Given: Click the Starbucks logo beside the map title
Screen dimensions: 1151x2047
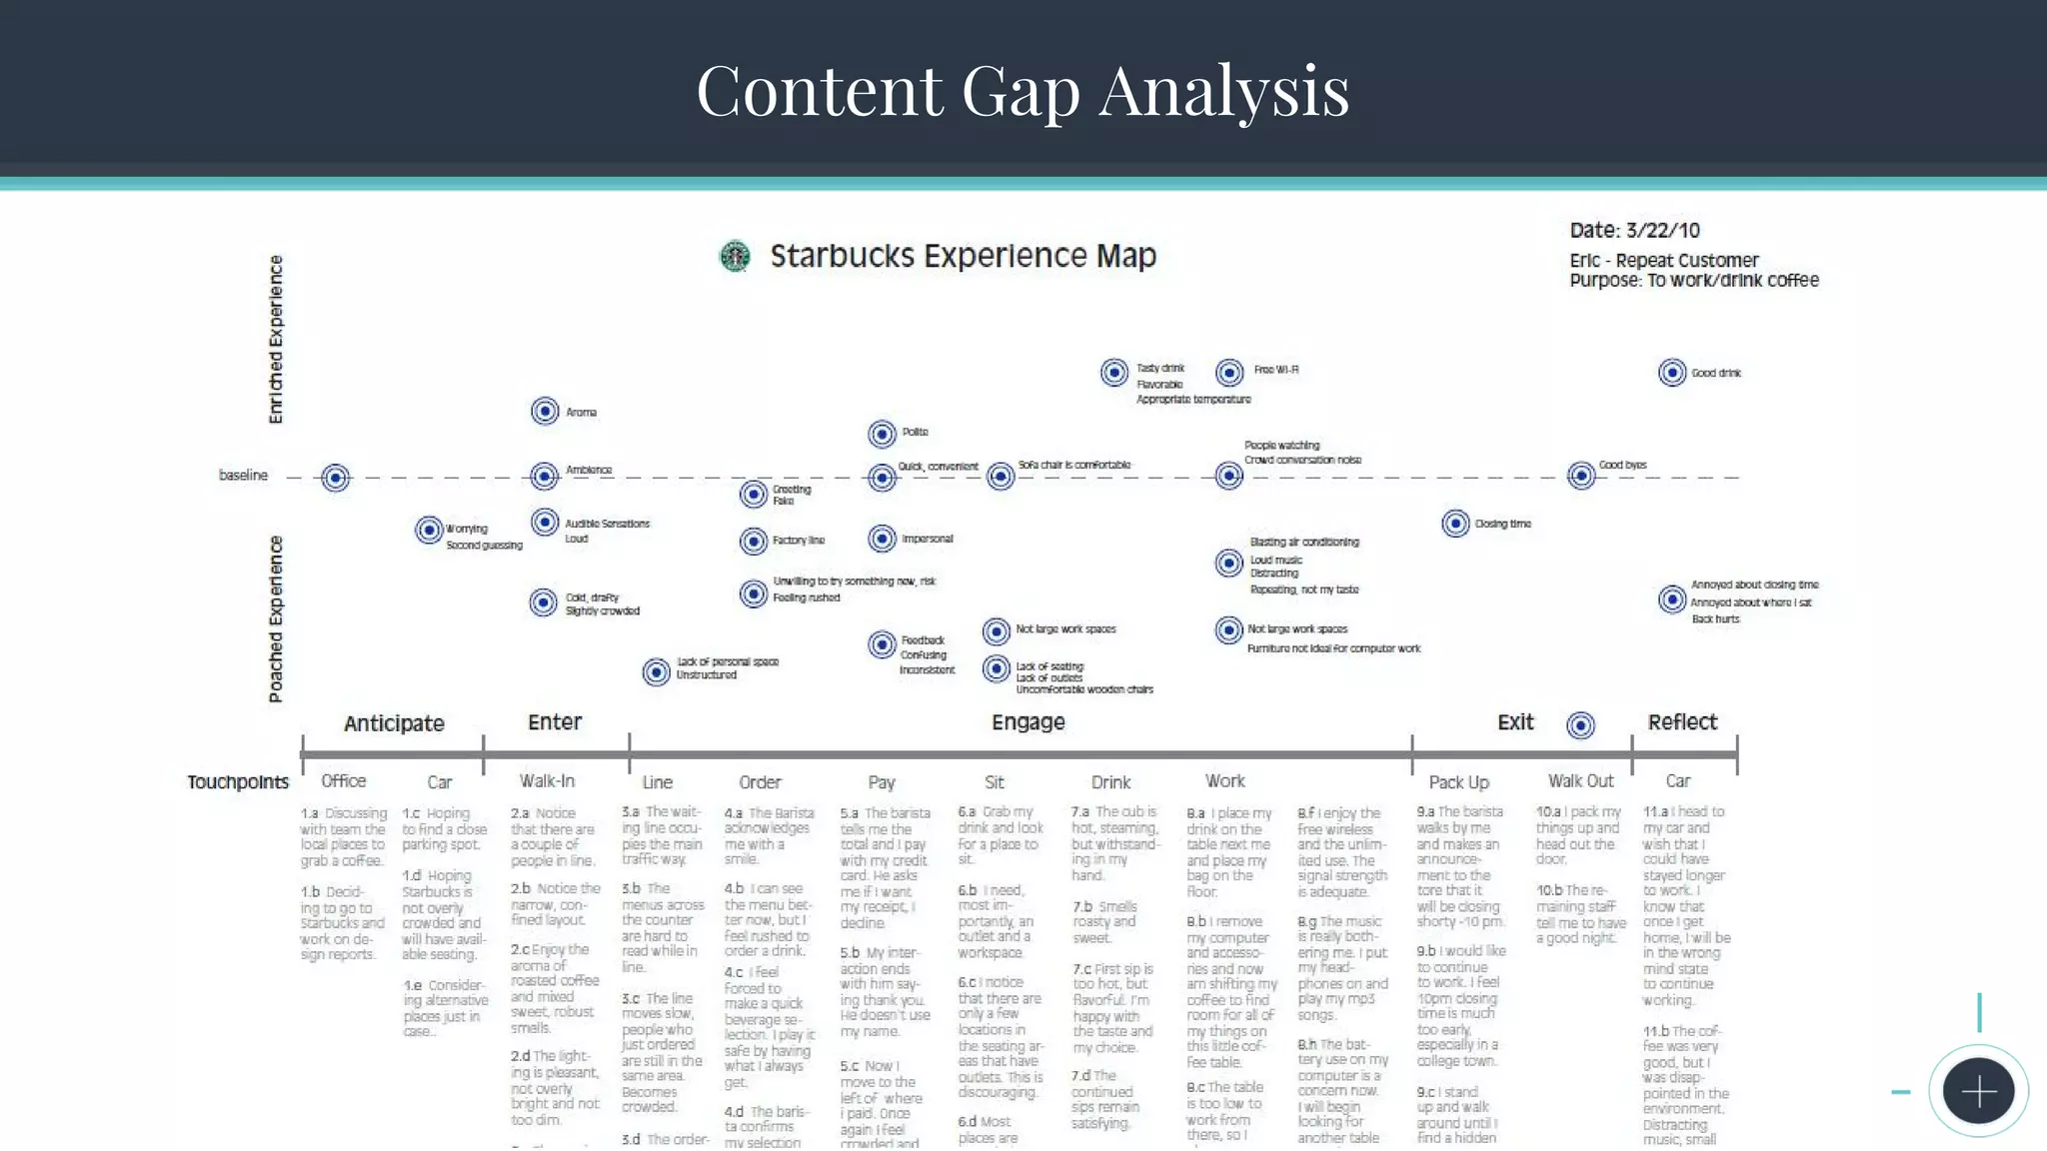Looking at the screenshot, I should [x=735, y=257].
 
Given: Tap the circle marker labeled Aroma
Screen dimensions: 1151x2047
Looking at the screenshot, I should [x=545, y=411].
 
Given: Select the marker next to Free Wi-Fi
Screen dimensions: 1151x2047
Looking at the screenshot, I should [x=1229, y=372].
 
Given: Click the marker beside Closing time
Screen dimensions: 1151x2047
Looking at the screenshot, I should [x=1455, y=523].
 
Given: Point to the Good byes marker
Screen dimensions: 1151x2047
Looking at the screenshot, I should [x=1581, y=475].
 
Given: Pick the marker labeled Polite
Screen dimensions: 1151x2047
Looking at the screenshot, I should [x=882, y=434].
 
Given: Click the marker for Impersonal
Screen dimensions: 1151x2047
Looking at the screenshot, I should [x=882, y=539].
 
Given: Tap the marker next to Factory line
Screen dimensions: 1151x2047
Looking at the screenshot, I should [x=753, y=541].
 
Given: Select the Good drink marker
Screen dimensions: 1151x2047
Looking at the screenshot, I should [x=1672, y=373].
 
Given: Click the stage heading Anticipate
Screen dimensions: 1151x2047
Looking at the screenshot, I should [x=394, y=723].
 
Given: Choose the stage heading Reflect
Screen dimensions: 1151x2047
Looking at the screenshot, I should [x=1682, y=721].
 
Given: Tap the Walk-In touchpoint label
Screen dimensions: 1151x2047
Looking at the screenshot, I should [x=547, y=780].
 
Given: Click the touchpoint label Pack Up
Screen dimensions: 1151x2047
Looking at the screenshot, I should [x=1458, y=782].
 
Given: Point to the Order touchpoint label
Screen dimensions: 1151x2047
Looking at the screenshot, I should [x=760, y=782].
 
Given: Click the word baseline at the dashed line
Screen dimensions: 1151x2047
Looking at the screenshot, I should [x=243, y=476].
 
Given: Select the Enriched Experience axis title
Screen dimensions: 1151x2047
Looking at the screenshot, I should [x=276, y=340].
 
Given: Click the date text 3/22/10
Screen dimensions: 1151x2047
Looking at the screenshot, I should [x=1662, y=231].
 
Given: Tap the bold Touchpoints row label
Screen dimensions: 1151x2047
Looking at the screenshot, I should [x=238, y=782].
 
